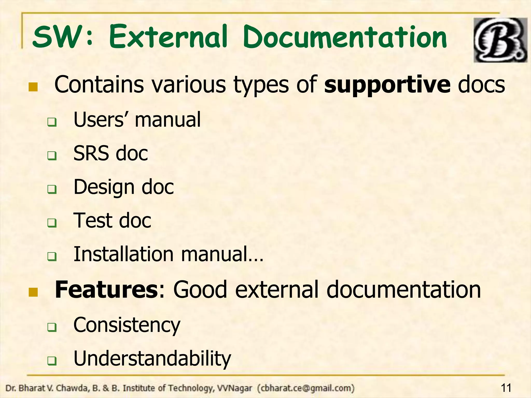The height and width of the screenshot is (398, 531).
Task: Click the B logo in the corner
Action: click(x=500, y=40)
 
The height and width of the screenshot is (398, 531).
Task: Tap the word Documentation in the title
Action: click(x=345, y=38)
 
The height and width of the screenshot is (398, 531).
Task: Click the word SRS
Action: click(x=91, y=153)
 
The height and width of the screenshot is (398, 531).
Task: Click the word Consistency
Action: click(x=127, y=325)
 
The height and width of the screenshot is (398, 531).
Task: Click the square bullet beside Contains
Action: click(x=33, y=87)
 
